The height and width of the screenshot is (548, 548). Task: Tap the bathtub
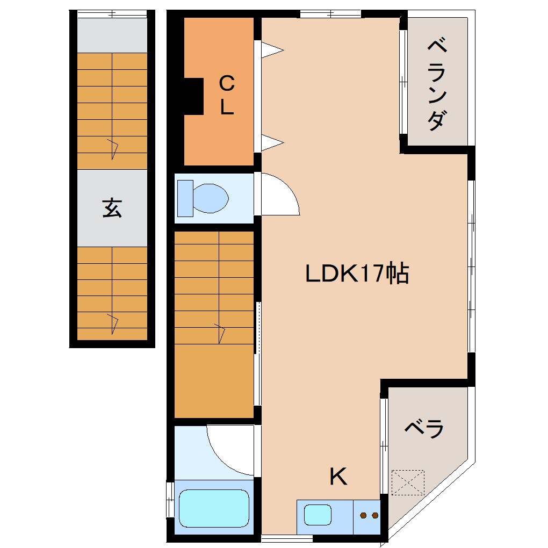coord(214,508)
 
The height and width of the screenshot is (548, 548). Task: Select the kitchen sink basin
coord(318,515)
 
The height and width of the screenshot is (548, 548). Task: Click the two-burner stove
coord(368,516)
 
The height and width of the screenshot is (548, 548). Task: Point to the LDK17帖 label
coord(357,274)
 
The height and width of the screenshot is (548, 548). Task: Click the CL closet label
coord(227,95)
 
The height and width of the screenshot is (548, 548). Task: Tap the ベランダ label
coord(438,86)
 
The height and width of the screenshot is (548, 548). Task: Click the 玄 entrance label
coord(112,208)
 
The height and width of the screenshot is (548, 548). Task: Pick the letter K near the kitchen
coord(338,476)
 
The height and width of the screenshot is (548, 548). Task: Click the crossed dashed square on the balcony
coord(408,482)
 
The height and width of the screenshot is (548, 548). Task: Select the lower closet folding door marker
coord(272,142)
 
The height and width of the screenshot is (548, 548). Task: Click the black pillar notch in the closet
coord(193,96)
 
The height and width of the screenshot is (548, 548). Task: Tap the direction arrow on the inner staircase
coord(220,333)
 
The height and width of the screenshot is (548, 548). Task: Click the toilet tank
coord(185,198)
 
